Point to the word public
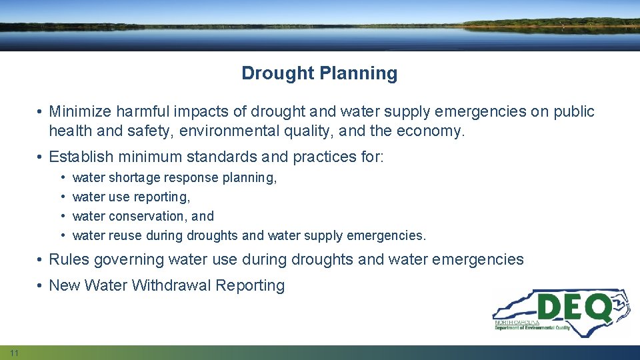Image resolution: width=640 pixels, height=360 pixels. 574,111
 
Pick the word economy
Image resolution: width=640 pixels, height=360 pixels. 430,131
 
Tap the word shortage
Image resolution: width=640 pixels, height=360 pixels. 137,178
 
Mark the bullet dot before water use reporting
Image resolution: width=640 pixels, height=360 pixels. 61,197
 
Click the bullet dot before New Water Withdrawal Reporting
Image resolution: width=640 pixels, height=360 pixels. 41,285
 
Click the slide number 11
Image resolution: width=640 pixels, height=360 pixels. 14,353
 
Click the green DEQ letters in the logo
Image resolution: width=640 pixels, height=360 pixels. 574,307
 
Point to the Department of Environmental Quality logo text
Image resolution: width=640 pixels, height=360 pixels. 532,327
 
